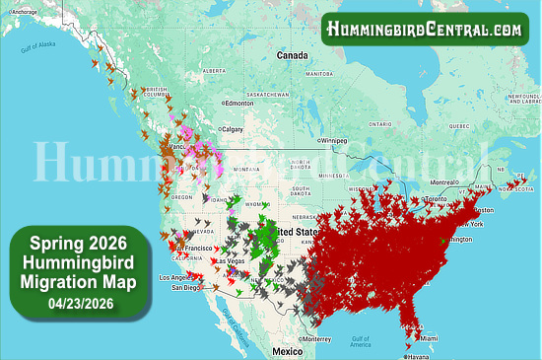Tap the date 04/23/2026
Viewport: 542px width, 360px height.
pyautogui.click(x=76, y=304)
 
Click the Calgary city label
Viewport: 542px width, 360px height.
pyautogui.click(x=234, y=129)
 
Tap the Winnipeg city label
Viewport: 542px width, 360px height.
pyautogui.click(x=335, y=140)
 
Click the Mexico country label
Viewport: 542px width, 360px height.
pyautogui.click(x=287, y=351)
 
